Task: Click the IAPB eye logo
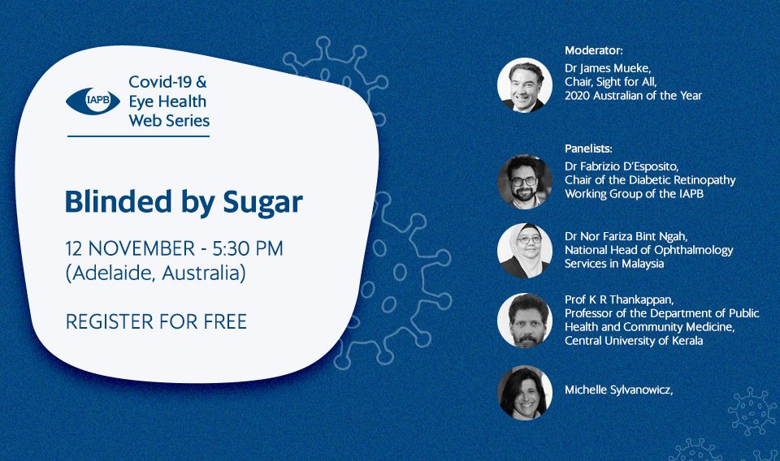(x=93, y=101)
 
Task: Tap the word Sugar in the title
(x=262, y=203)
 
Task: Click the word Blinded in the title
(x=119, y=201)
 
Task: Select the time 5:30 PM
(x=248, y=248)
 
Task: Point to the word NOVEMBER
(x=141, y=248)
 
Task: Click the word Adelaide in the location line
(x=112, y=273)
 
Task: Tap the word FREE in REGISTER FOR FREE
(x=225, y=322)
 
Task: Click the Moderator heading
(x=593, y=50)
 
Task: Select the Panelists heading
(x=588, y=148)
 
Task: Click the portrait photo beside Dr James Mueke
(x=525, y=85)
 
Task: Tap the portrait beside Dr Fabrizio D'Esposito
(x=525, y=181)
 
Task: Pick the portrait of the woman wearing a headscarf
(x=525, y=250)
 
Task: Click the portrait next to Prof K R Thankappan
(x=525, y=320)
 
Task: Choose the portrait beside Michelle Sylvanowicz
(x=525, y=393)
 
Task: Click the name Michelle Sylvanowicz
(x=618, y=390)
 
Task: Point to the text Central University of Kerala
(x=634, y=341)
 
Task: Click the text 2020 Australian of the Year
(x=633, y=96)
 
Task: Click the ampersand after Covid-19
(x=201, y=82)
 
